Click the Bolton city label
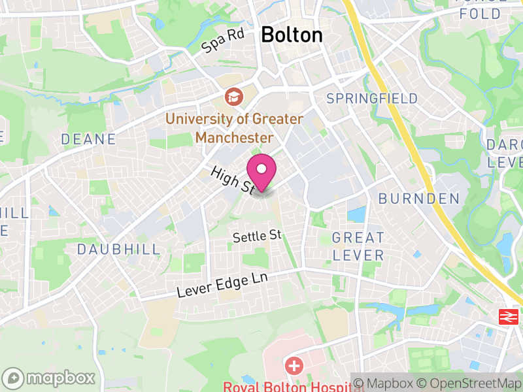(x=292, y=35)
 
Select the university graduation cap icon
(x=232, y=98)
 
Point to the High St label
(x=232, y=179)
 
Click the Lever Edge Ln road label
(x=223, y=286)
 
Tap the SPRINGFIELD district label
(x=372, y=99)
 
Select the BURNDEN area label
(x=419, y=198)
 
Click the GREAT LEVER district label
(x=358, y=246)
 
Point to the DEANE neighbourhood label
(x=88, y=139)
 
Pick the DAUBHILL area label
(x=118, y=249)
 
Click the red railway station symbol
(x=507, y=317)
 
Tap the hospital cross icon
(x=294, y=365)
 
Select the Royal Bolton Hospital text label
(x=285, y=386)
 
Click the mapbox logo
(x=50, y=378)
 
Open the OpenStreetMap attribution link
(x=473, y=384)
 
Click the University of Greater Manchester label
(x=234, y=128)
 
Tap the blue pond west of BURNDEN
(x=357, y=214)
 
